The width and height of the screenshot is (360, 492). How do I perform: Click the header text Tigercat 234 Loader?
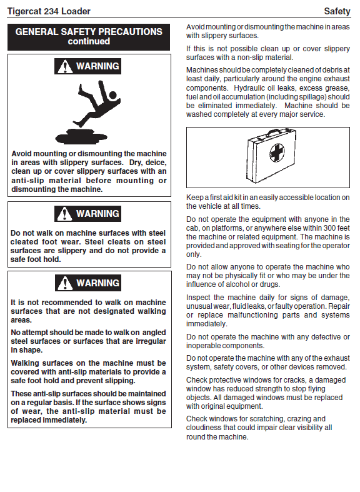49,11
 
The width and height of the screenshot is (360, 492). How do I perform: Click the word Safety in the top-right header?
337,11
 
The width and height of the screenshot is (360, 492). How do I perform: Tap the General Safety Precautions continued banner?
89,37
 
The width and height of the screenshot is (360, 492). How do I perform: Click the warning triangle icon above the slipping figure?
65,66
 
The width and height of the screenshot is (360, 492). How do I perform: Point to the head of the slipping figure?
112,95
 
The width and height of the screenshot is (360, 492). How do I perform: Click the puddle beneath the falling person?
81,136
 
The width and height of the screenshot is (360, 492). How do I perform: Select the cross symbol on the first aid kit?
277,153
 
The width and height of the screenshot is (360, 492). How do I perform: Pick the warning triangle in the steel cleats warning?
65,214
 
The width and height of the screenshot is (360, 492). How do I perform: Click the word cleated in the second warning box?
22,242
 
